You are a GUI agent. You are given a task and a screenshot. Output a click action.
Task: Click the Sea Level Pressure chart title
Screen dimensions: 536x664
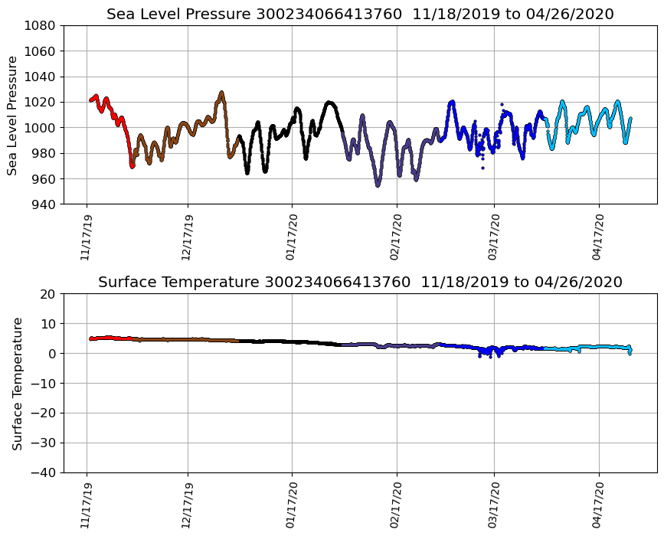(x=360, y=14)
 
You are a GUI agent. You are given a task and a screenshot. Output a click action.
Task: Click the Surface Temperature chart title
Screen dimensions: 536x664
(x=360, y=282)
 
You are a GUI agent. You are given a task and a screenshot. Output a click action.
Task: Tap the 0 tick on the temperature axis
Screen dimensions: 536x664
(x=51, y=354)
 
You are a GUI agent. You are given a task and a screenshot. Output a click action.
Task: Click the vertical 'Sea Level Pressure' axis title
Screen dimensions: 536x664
(x=13, y=115)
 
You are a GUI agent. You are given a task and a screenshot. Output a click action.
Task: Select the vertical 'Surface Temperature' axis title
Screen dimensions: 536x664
(x=17, y=383)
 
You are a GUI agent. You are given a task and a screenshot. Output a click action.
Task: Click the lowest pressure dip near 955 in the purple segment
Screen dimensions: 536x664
(x=378, y=185)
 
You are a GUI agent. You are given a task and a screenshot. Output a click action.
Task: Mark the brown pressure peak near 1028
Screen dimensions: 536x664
(x=221, y=93)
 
